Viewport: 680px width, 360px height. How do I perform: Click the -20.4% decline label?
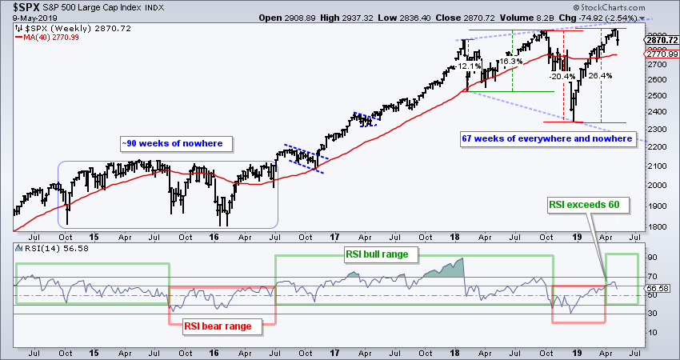[562, 77]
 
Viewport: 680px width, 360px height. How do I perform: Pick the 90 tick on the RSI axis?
[651, 258]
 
